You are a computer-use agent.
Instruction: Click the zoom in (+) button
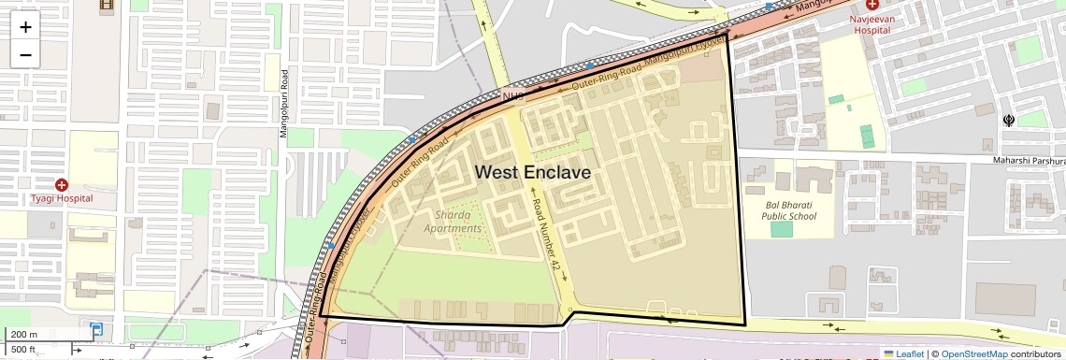point(25,27)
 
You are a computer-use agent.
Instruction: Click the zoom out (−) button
point(25,55)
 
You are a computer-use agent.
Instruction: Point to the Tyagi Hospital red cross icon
point(62,185)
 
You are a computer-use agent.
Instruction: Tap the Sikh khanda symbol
point(1009,120)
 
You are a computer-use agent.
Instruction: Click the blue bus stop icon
point(97,329)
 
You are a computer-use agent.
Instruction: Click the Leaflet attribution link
point(903,353)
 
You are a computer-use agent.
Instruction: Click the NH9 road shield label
point(512,96)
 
